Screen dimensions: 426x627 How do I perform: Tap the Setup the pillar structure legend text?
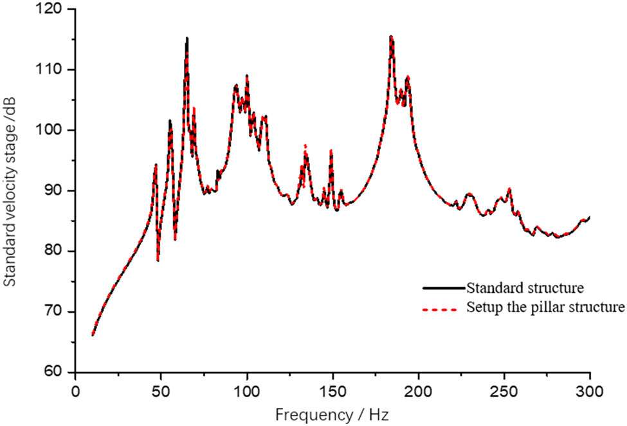point(545,307)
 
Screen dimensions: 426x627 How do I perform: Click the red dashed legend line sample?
point(444,308)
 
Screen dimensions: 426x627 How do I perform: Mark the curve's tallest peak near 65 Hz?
point(187,38)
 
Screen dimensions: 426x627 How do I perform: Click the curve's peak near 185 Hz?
point(391,37)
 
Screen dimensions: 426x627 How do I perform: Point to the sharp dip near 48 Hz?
point(158,260)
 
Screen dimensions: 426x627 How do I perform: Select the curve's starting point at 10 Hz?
point(93,335)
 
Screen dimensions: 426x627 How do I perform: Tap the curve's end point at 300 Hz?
point(589,217)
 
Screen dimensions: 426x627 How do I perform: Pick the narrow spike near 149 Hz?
point(331,151)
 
